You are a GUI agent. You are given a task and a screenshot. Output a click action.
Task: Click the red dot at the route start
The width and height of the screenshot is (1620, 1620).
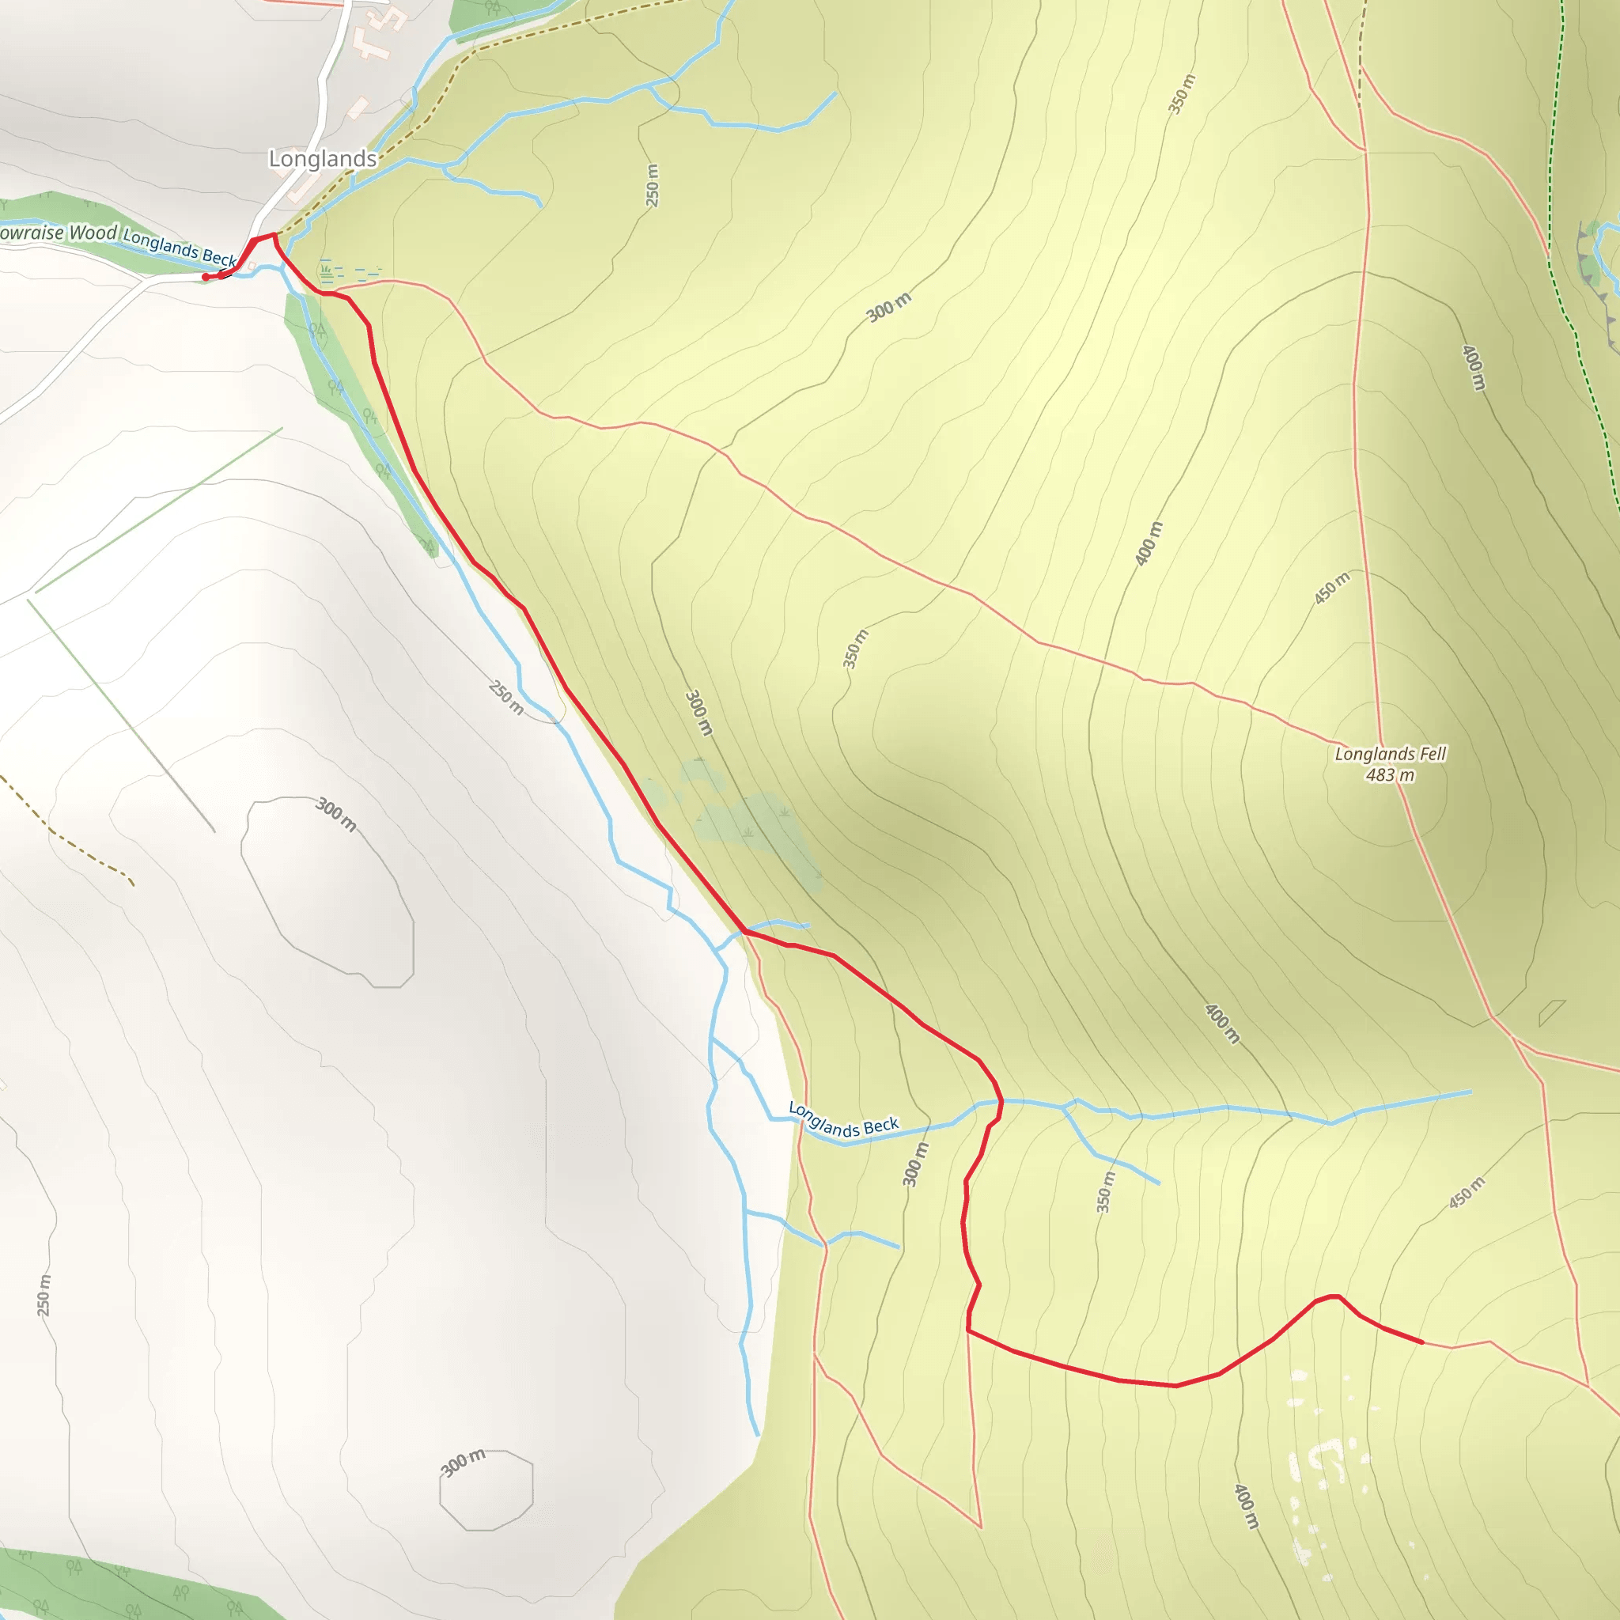tap(206, 277)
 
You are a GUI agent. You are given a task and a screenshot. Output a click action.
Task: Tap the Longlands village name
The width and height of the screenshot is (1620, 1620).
tap(322, 158)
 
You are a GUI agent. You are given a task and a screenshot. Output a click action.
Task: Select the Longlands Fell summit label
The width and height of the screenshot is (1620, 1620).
tap(1391, 754)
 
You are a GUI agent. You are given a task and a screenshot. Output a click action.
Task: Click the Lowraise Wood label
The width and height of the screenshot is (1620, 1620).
tap(58, 233)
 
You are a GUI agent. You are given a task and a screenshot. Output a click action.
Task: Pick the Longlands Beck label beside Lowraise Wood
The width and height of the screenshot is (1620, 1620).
tap(180, 248)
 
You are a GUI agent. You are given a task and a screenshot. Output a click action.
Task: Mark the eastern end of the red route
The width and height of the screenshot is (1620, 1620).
tap(1422, 1342)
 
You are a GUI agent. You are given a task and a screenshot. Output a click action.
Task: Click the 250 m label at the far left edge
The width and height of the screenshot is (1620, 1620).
tap(44, 1296)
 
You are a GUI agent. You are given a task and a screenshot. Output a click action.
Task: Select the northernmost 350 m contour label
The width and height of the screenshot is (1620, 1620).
tap(1183, 94)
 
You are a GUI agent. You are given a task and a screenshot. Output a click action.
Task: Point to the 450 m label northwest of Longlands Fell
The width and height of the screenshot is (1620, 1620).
tap(1331, 588)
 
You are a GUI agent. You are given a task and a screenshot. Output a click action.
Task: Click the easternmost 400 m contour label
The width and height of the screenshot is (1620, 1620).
tap(1473, 366)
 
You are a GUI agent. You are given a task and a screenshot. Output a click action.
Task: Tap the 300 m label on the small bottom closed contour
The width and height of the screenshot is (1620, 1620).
tap(463, 1463)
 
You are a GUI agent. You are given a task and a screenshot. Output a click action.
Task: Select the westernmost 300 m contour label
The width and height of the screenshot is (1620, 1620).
tap(336, 814)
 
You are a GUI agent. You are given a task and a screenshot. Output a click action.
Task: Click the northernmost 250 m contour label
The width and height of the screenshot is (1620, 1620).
tap(653, 184)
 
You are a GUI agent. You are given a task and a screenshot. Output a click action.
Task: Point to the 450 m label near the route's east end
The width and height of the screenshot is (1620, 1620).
tap(1467, 1192)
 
